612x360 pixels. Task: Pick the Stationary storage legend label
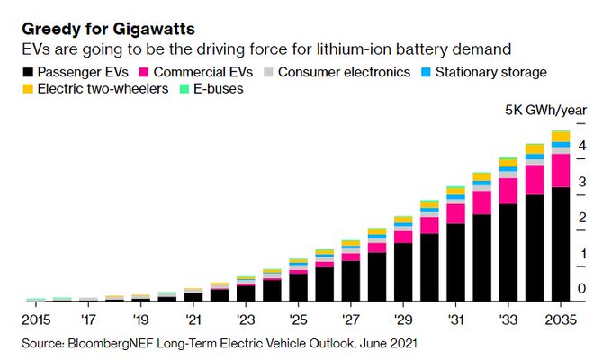coord(490,70)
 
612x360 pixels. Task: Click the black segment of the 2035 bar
coord(560,243)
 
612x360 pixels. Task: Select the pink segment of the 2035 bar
coord(560,170)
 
